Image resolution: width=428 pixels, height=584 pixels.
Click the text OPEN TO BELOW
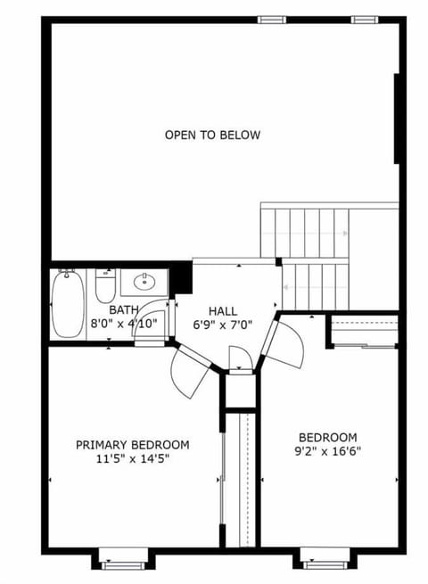click(212, 136)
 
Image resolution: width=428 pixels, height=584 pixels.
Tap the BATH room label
click(124, 310)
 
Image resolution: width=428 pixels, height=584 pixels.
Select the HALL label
click(223, 310)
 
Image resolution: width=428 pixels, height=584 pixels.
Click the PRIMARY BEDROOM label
click(132, 445)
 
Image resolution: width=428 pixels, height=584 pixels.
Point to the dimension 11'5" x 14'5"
click(132, 459)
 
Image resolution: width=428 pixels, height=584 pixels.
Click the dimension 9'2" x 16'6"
click(328, 451)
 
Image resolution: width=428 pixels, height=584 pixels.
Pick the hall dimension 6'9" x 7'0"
click(223, 325)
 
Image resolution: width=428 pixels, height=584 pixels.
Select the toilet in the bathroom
click(105, 287)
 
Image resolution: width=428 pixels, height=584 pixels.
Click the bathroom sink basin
click(143, 284)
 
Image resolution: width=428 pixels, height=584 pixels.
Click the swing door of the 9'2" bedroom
click(285, 343)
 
